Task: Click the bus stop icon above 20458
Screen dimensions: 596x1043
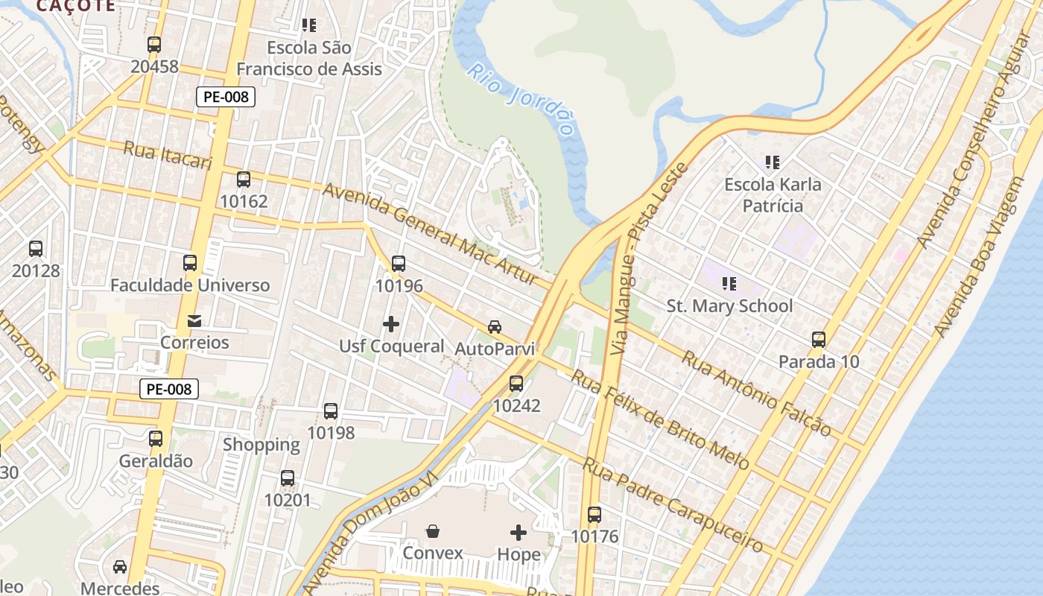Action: (x=154, y=45)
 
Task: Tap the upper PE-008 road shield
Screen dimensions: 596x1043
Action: (x=226, y=96)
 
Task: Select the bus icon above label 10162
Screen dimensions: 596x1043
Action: (x=244, y=180)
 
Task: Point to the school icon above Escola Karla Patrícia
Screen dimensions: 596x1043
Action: (x=773, y=162)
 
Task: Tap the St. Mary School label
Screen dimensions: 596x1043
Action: (x=729, y=305)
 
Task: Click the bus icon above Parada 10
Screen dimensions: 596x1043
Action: (x=819, y=340)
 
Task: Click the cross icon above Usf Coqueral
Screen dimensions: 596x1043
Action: (x=391, y=324)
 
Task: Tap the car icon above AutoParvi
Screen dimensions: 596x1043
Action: (x=495, y=327)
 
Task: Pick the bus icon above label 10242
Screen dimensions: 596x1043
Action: (x=516, y=384)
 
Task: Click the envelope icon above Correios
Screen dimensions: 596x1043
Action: (x=194, y=321)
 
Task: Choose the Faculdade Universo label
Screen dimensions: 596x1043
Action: (x=190, y=285)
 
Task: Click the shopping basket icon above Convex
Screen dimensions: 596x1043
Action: (x=433, y=531)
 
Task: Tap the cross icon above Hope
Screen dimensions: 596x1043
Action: (x=519, y=533)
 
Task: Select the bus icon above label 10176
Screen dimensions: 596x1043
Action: (x=594, y=515)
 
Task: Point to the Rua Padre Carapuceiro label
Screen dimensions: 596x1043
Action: (x=672, y=505)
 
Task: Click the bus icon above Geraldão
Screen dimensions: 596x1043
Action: (x=156, y=439)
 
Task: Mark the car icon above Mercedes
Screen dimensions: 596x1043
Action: (x=120, y=567)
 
